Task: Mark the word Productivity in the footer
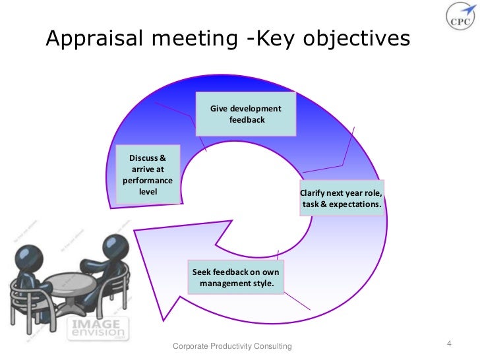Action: pyautogui.click(x=231, y=347)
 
